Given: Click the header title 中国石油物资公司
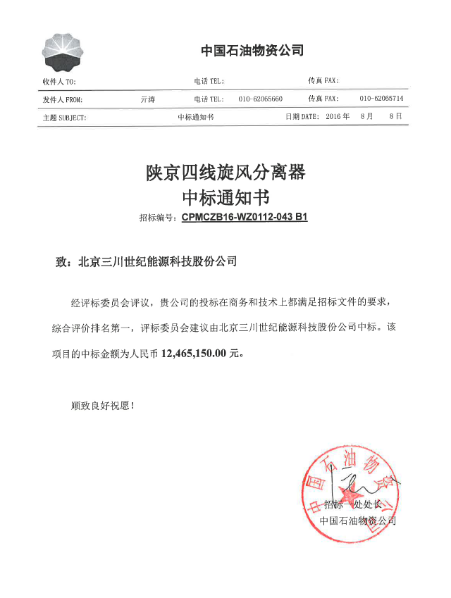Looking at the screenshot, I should (x=252, y=50).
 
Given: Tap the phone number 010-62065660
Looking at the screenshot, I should (x=260, y=99).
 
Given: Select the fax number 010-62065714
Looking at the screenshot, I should (x=381, y=99).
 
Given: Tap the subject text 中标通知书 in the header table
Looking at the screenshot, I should (x=195, y=118).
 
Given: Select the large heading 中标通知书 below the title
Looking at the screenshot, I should (x=225, y=195).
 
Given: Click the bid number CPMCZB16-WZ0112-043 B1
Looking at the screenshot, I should (x=245, y=218).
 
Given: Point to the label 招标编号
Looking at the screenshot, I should (x=159, y=218).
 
